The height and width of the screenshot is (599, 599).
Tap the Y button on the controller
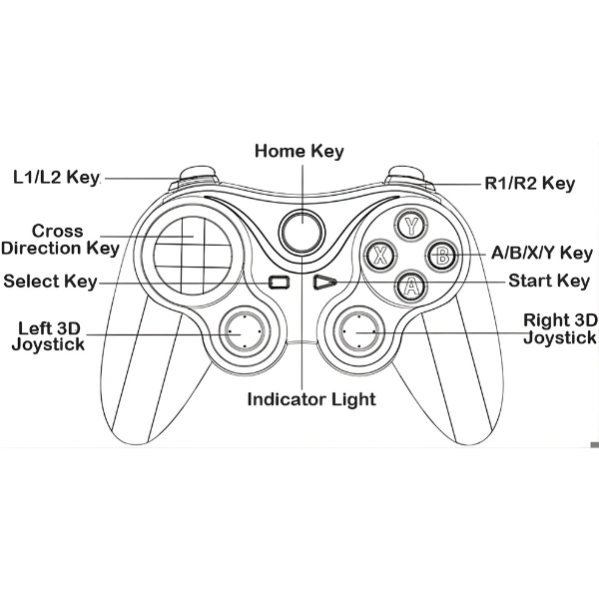(x=409, y=225)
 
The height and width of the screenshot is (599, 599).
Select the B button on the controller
(x=440, y=255)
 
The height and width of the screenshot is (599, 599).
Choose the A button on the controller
(x=409, y=286)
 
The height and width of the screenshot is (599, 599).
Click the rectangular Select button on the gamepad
(x=280, y=283)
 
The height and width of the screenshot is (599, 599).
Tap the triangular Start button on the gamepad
(x=322, y=283)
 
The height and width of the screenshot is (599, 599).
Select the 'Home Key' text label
(x=299, y=152)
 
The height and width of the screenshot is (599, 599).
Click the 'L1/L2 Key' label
(x=57, y=178)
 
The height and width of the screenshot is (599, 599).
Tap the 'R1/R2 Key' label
(x=530, y=183)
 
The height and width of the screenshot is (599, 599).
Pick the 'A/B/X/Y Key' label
(x=542, y=254)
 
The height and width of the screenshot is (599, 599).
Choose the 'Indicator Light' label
(x=311, y=399)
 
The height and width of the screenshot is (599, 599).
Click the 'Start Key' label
(x=549, y=281)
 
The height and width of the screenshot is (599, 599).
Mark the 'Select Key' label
(x=50, y=282)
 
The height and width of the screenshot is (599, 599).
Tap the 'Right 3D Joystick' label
(x=560, y=328)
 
